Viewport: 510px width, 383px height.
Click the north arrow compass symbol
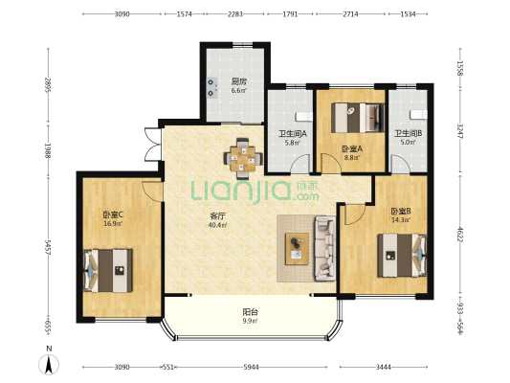click(49, 365)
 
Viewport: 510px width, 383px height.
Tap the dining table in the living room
click(243, 159)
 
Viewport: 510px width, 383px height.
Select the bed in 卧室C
click(108, 271)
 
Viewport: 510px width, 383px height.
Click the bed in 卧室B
click(402, 256)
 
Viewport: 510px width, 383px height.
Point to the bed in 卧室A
click(358, 118)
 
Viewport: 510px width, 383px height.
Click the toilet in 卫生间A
click(303, 116)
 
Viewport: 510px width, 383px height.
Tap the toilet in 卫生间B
click(418, 115)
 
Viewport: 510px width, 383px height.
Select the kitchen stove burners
click(212, 87)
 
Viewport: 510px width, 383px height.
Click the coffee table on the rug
click(297, 249)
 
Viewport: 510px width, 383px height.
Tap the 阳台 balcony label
click(251, 312)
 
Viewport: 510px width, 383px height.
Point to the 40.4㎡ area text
click(217, 224)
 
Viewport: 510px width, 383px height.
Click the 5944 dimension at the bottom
click(251, 368)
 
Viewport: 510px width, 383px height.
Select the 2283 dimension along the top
click(234, 14)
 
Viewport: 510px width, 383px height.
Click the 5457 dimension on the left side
click(48, 247)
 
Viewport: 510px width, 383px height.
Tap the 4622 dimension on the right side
click(460, 235)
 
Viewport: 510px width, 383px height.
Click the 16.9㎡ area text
click(113, 223)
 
